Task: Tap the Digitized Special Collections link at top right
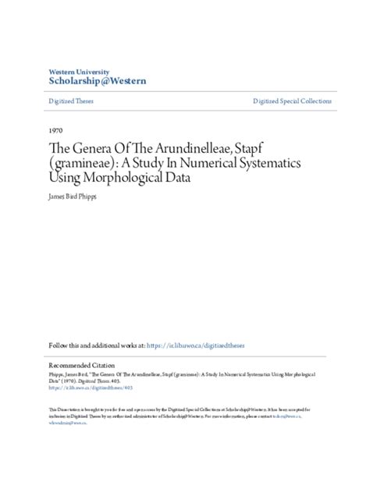[292, 101]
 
